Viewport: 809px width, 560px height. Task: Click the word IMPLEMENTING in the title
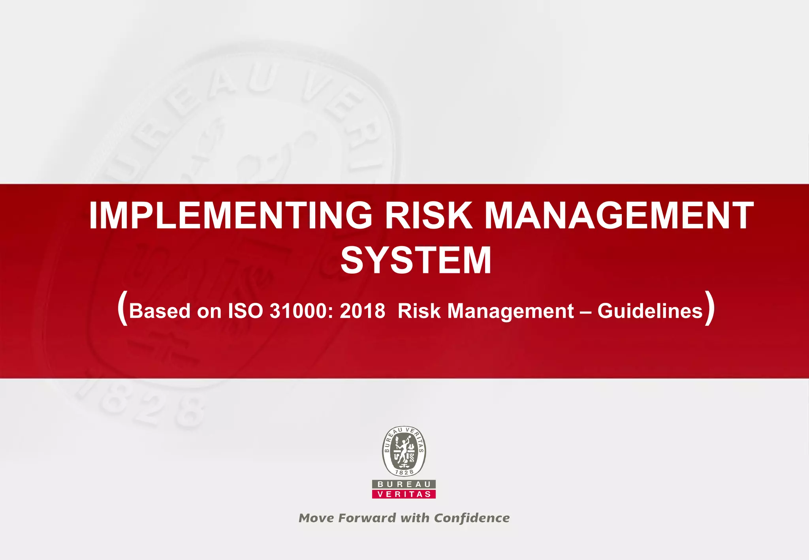(x=230, y=216)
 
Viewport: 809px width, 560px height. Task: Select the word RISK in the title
(x=429, y=216)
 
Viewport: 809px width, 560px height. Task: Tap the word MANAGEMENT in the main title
(x=619, y=216)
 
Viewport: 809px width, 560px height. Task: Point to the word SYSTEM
(x=416, y=261)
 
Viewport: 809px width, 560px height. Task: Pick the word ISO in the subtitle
(x=245, y=311)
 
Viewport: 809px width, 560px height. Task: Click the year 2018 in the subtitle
(x=362, y=311)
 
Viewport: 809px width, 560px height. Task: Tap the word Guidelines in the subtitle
(x=650, y=311)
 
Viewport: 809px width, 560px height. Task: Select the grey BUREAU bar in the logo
(x=404, y=484)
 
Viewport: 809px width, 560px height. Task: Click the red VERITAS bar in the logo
(x=404, y=494)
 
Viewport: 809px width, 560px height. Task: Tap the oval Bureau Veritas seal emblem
(x=404, y=451)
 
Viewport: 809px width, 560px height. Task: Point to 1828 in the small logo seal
(x=404, y=472)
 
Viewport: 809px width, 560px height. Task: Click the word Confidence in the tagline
(x=472, y=518)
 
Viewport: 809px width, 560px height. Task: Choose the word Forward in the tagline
(x=367, y=518)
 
